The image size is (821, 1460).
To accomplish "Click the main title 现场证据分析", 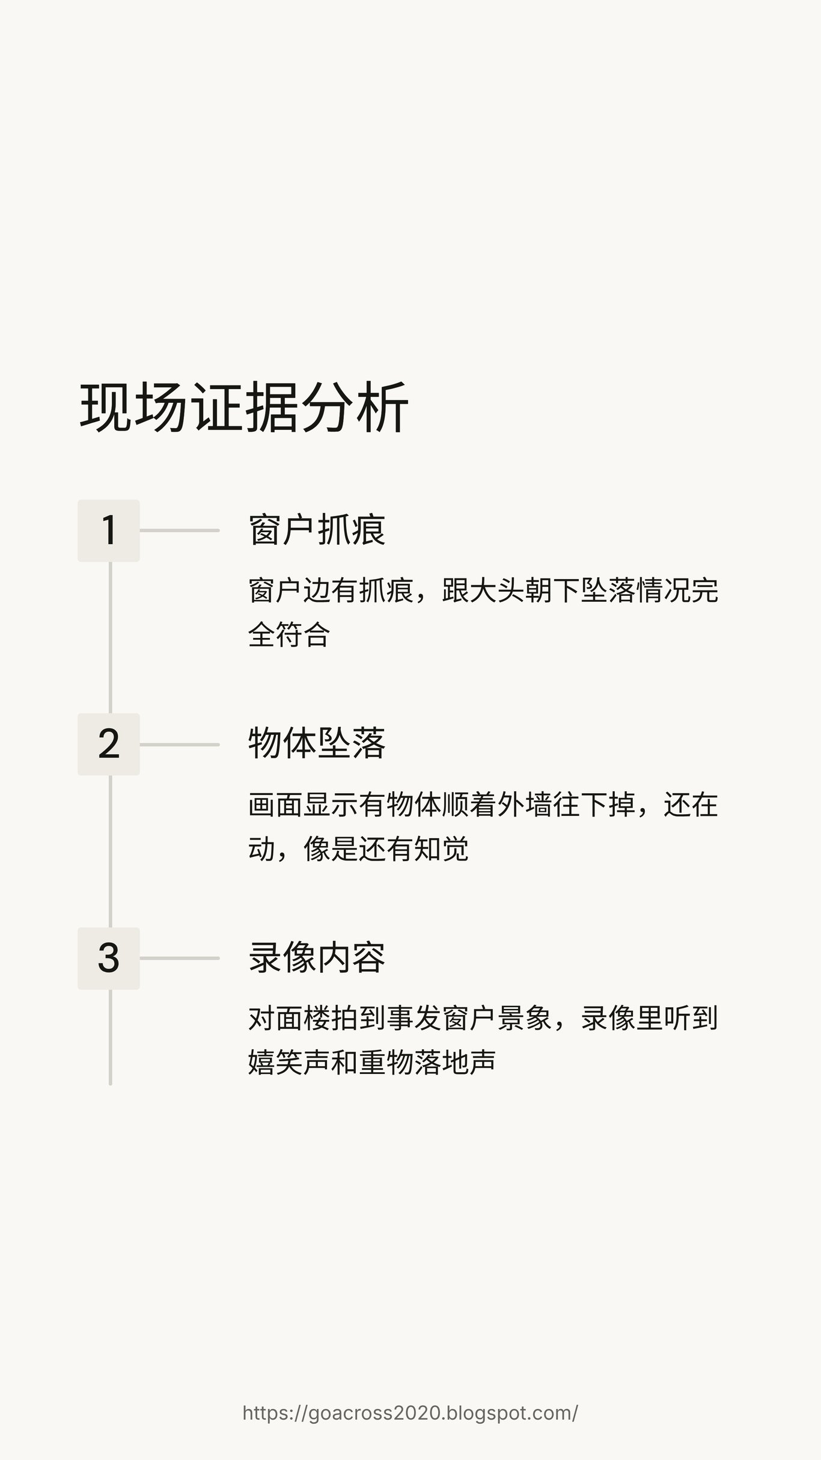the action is coord(244,407).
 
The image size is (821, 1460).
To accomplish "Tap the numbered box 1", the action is coord(109,530).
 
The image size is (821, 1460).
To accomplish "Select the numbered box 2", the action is coord(109,744).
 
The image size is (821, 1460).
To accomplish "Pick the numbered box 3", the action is coord(109,959).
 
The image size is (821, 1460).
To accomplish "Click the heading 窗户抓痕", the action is coord(317,530).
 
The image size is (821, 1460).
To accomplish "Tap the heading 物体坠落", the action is coord(317,744).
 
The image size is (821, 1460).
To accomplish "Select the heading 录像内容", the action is coord(317,958).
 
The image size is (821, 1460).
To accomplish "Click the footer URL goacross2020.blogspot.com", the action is coord(410,1412).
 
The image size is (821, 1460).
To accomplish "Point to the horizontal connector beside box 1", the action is coord(180,530).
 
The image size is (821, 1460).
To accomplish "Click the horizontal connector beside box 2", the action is coord(180,744).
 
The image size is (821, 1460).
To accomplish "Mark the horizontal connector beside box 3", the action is coord(180,959).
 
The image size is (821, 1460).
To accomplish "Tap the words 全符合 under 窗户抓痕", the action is coord(289,635).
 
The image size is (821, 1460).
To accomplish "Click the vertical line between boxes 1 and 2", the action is coord(110,637).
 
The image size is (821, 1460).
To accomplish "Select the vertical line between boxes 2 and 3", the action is coord(110,851).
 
